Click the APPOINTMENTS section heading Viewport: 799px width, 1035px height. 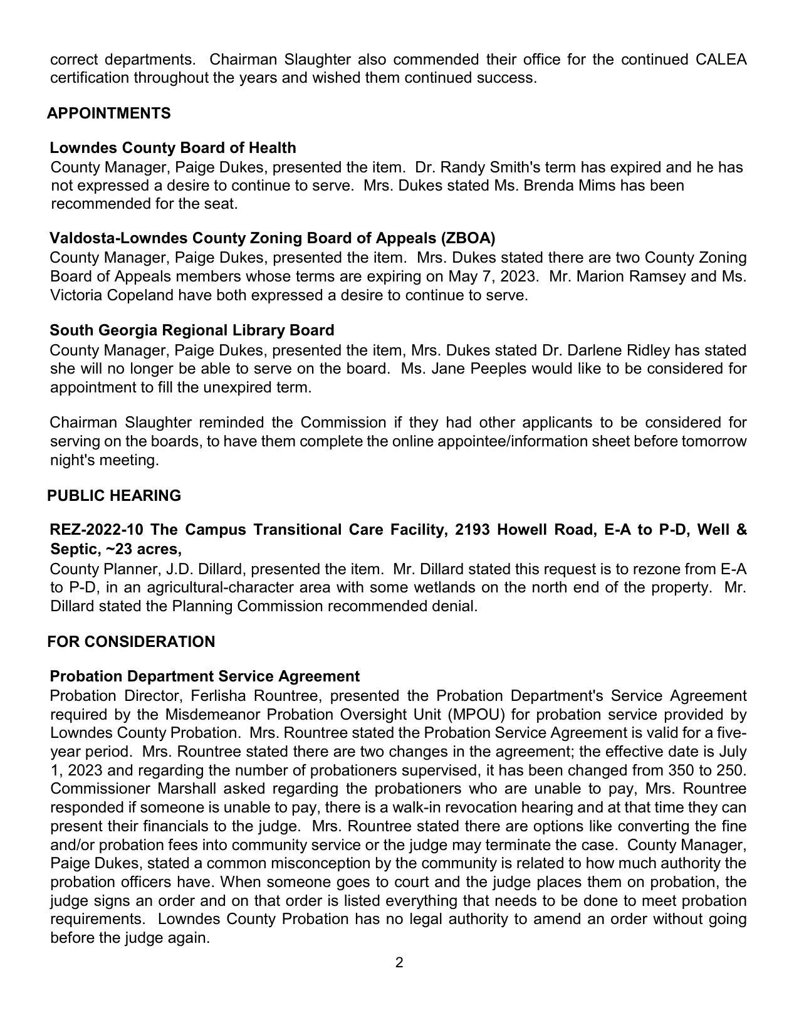(x=108, y=113)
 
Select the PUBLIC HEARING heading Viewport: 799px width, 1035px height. (x=114, y=496)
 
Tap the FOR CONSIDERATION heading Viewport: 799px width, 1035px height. (x=131, y=642)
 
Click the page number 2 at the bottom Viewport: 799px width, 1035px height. (x=399, y=963)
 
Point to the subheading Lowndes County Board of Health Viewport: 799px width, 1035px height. (x=173, y=148)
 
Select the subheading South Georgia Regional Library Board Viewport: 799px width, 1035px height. (x=192, y=330)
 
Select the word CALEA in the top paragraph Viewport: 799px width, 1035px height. (x=721, y=60)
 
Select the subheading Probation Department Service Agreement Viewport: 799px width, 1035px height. (x=204, y=677)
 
